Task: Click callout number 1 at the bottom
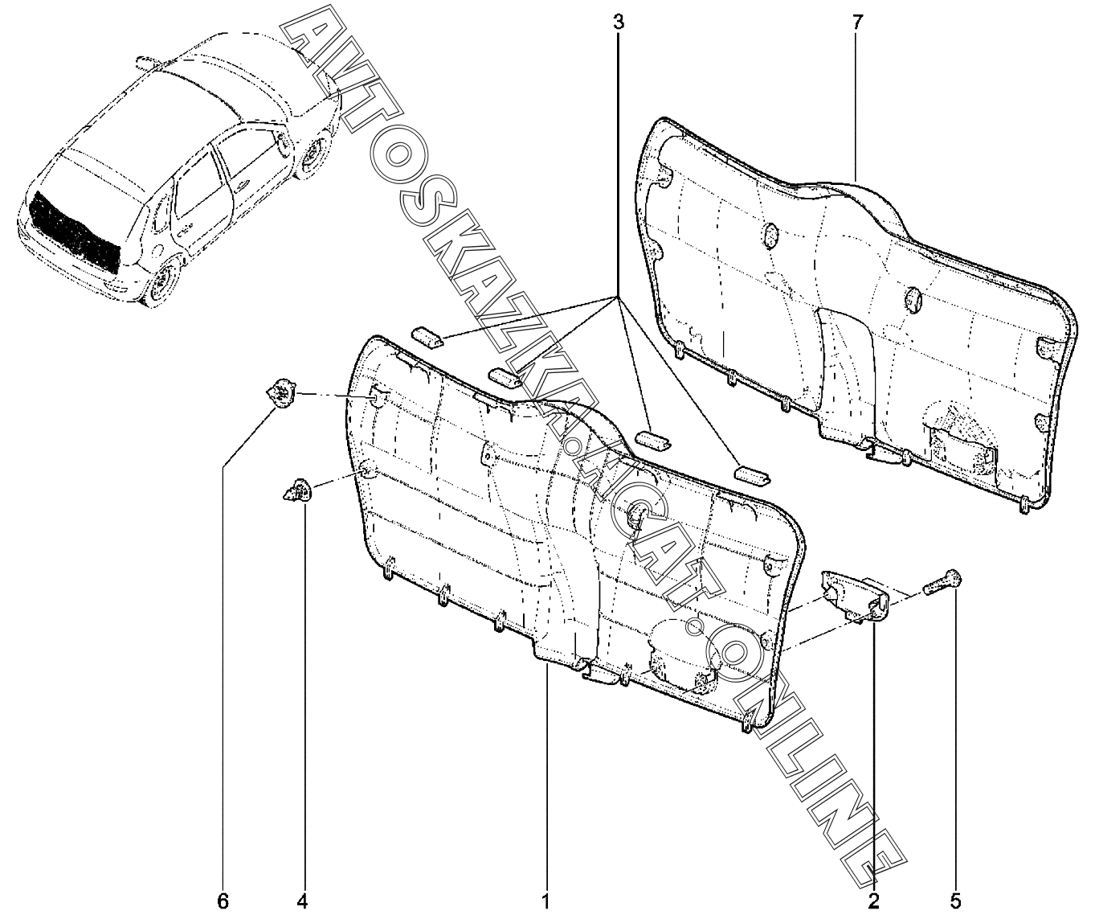(545, 900)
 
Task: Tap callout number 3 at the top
(618, 22)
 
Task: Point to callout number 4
(303, 900)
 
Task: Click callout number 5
(956, 900)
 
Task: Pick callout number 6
(223, 900)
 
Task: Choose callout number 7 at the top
(856, 22)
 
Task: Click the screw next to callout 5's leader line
(945, 582)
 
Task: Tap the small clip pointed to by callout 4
(297, 490)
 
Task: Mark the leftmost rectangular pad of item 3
(427, 336)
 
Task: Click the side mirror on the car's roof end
(145, 61)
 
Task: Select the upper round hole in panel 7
(770, 234)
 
